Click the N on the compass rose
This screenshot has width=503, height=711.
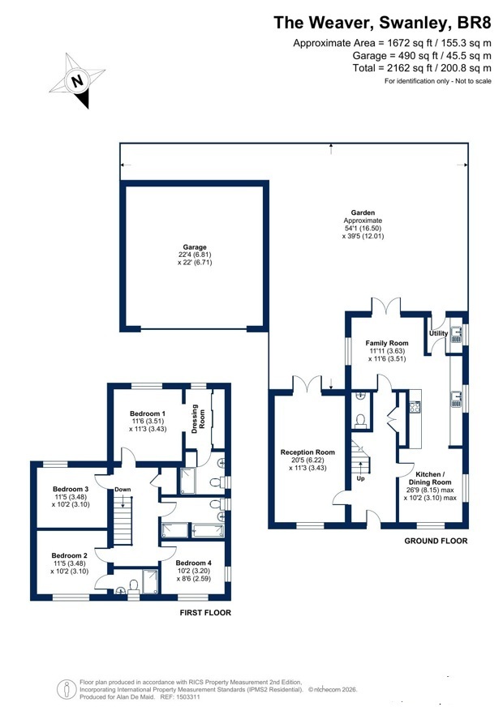(78, 81)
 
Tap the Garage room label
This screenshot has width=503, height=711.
(195, 247)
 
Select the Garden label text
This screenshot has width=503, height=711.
(363, 212)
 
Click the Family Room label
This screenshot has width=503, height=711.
(387, 343)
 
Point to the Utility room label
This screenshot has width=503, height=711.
(438, 333)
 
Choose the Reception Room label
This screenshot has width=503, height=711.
(307, 452)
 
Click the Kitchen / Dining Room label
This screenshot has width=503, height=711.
(430, 478)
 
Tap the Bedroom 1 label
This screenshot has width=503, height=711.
(148, 413)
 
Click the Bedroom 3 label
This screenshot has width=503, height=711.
(71, 489)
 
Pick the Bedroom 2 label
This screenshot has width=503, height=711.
(70, 555)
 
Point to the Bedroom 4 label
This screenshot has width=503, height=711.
(194, 563)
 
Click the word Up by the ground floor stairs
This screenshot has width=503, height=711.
(360, 478)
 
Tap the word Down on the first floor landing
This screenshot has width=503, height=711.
(123, 489)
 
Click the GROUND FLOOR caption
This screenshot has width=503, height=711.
(436, 541)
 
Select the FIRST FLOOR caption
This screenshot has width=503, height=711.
(205, 613)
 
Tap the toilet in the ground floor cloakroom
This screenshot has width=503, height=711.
(361, 421)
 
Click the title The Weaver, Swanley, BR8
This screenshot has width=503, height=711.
(382, 22)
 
